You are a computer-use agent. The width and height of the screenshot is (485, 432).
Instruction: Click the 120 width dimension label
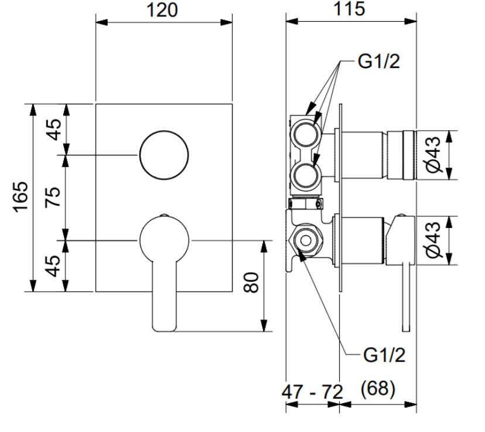162,10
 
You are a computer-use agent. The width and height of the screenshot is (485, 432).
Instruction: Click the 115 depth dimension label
349,9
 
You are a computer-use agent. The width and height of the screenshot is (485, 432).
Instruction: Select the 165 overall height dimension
21,197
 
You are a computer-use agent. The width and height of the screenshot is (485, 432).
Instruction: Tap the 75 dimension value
53,197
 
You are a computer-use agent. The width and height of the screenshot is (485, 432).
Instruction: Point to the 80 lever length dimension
251,282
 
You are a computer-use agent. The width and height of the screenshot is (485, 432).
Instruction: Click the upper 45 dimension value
54,130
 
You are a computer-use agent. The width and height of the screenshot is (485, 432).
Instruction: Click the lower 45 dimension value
53,266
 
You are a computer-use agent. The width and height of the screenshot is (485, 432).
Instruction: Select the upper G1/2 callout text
378,62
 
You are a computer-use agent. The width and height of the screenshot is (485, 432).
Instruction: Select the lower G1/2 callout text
384,355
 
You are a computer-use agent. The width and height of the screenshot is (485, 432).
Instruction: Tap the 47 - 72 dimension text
312,392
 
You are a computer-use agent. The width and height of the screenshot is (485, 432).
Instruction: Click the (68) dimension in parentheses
378,388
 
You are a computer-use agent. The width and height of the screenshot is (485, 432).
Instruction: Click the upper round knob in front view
164,155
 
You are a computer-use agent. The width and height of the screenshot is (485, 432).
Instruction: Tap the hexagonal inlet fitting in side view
306,241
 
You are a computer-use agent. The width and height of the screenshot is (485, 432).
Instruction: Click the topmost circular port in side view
306,135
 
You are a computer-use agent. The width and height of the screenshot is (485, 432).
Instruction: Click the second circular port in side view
306,176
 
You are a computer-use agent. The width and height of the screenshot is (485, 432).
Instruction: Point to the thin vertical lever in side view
406,298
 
